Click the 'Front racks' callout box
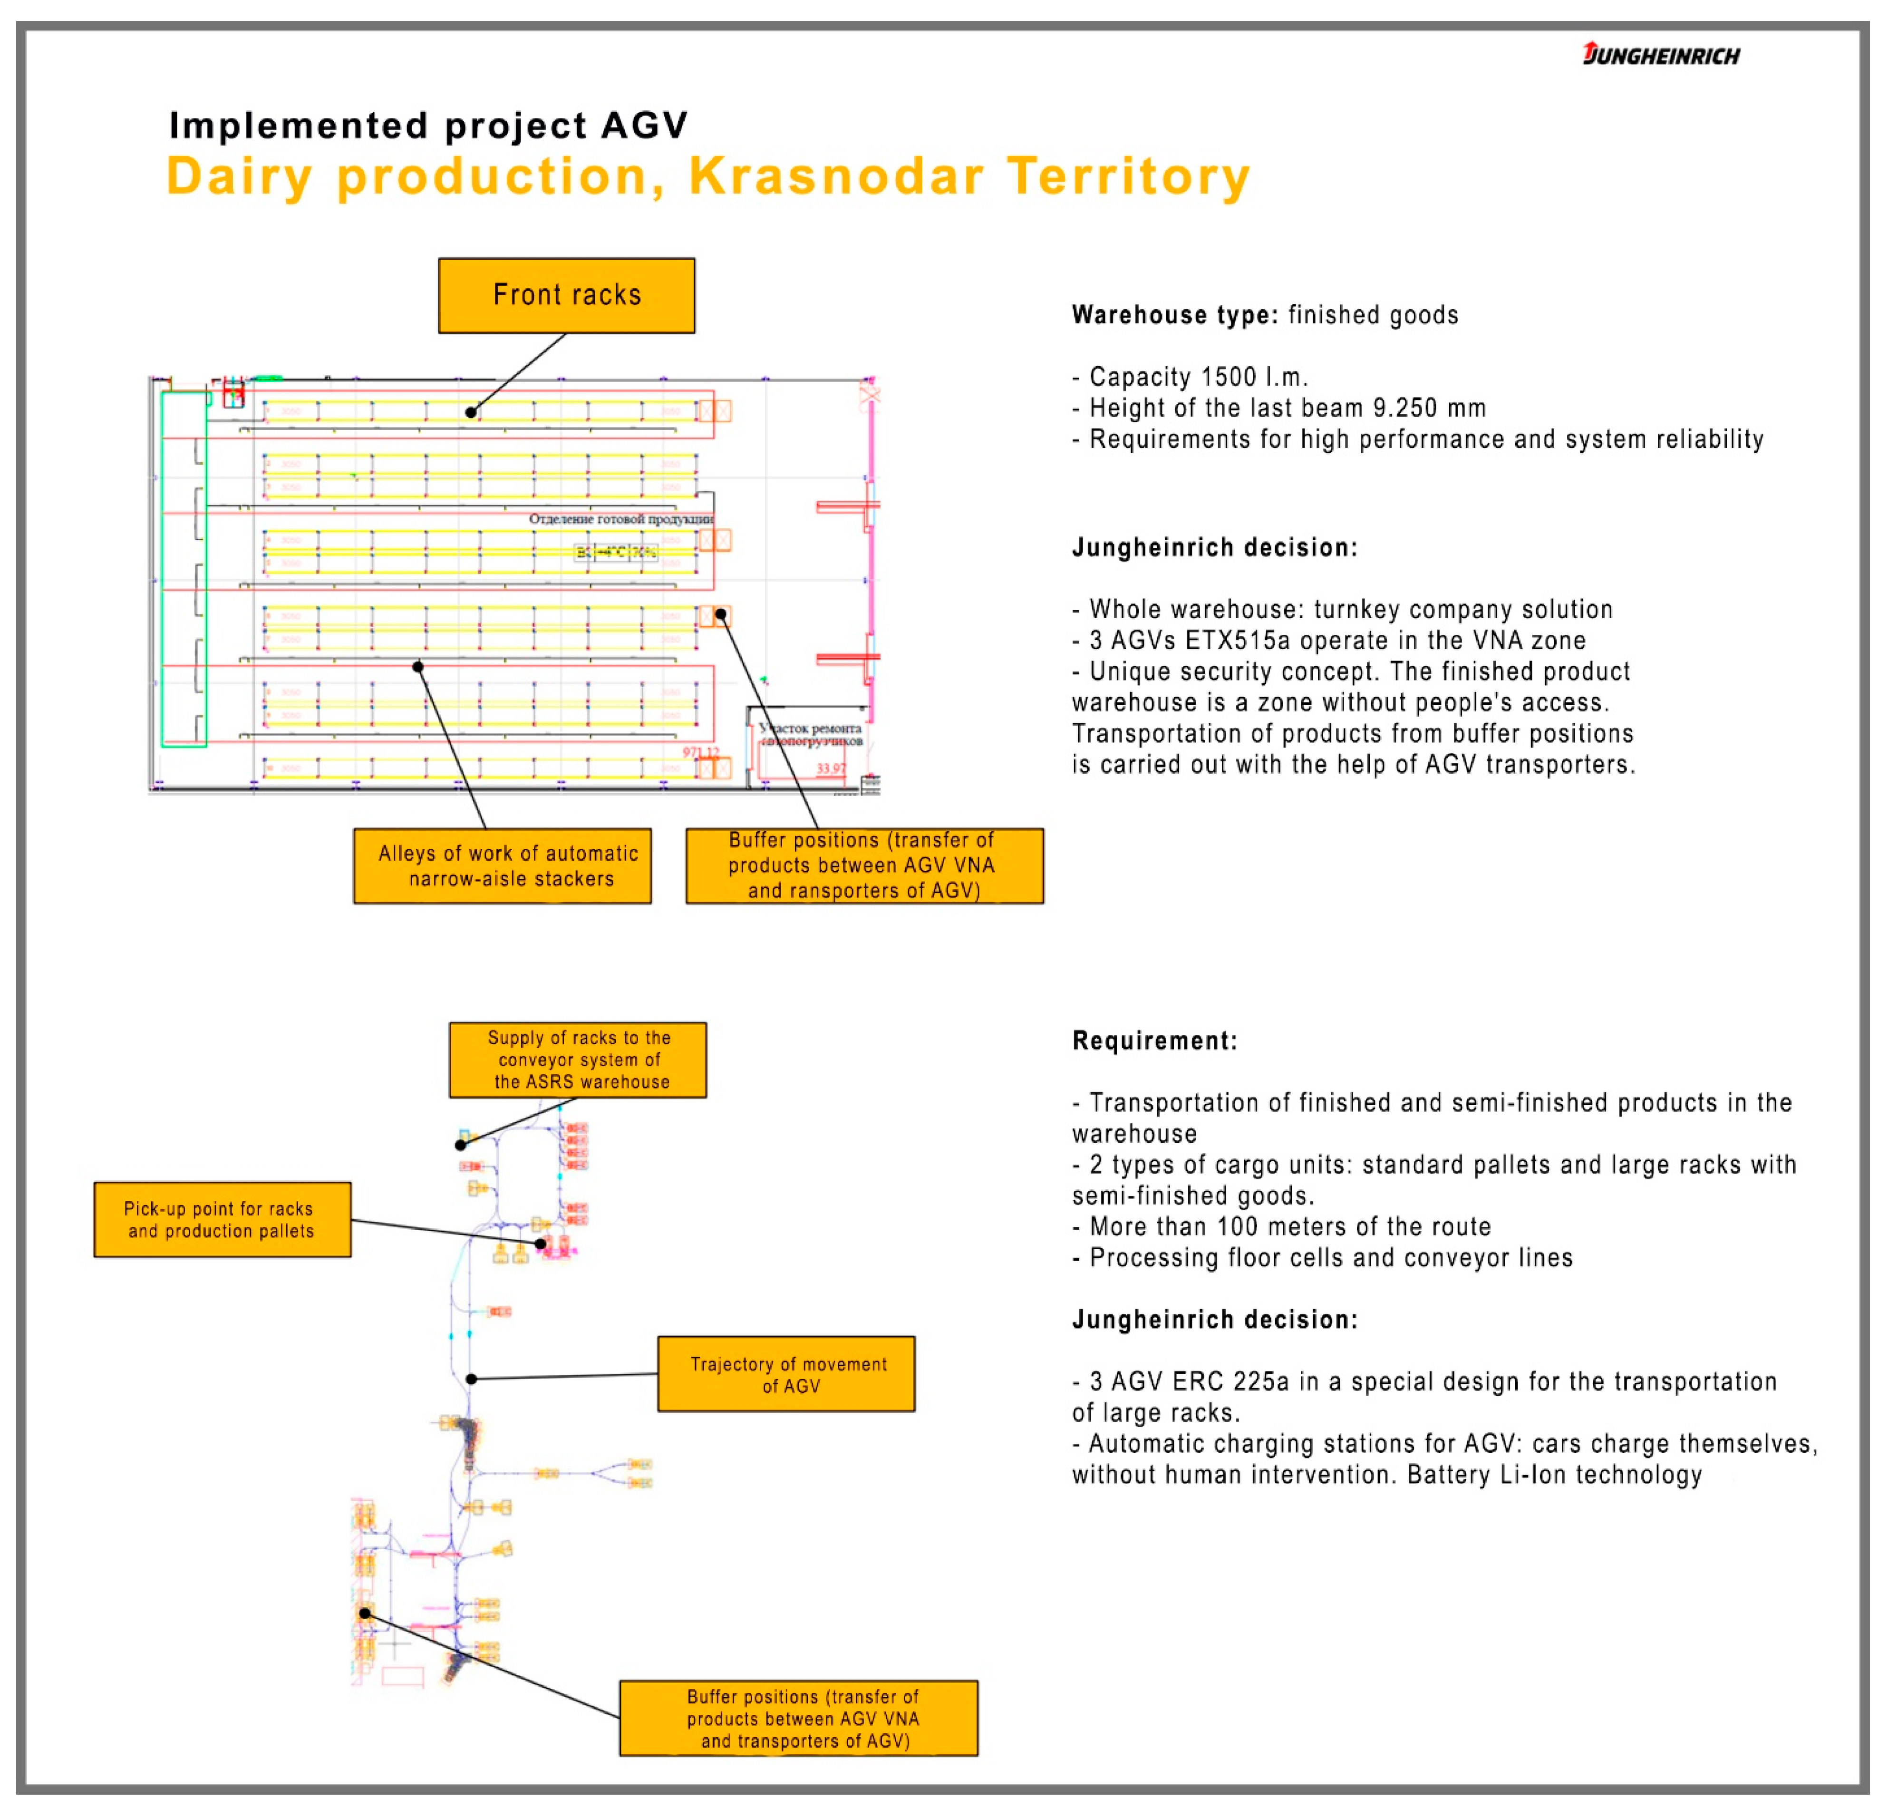(566, 295)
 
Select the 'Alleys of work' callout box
(502, 865)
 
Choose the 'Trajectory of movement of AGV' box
(786, 1373)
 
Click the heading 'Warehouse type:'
(1174, 315)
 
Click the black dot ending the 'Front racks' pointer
(471, 412)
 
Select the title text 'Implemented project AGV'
(429, 125)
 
